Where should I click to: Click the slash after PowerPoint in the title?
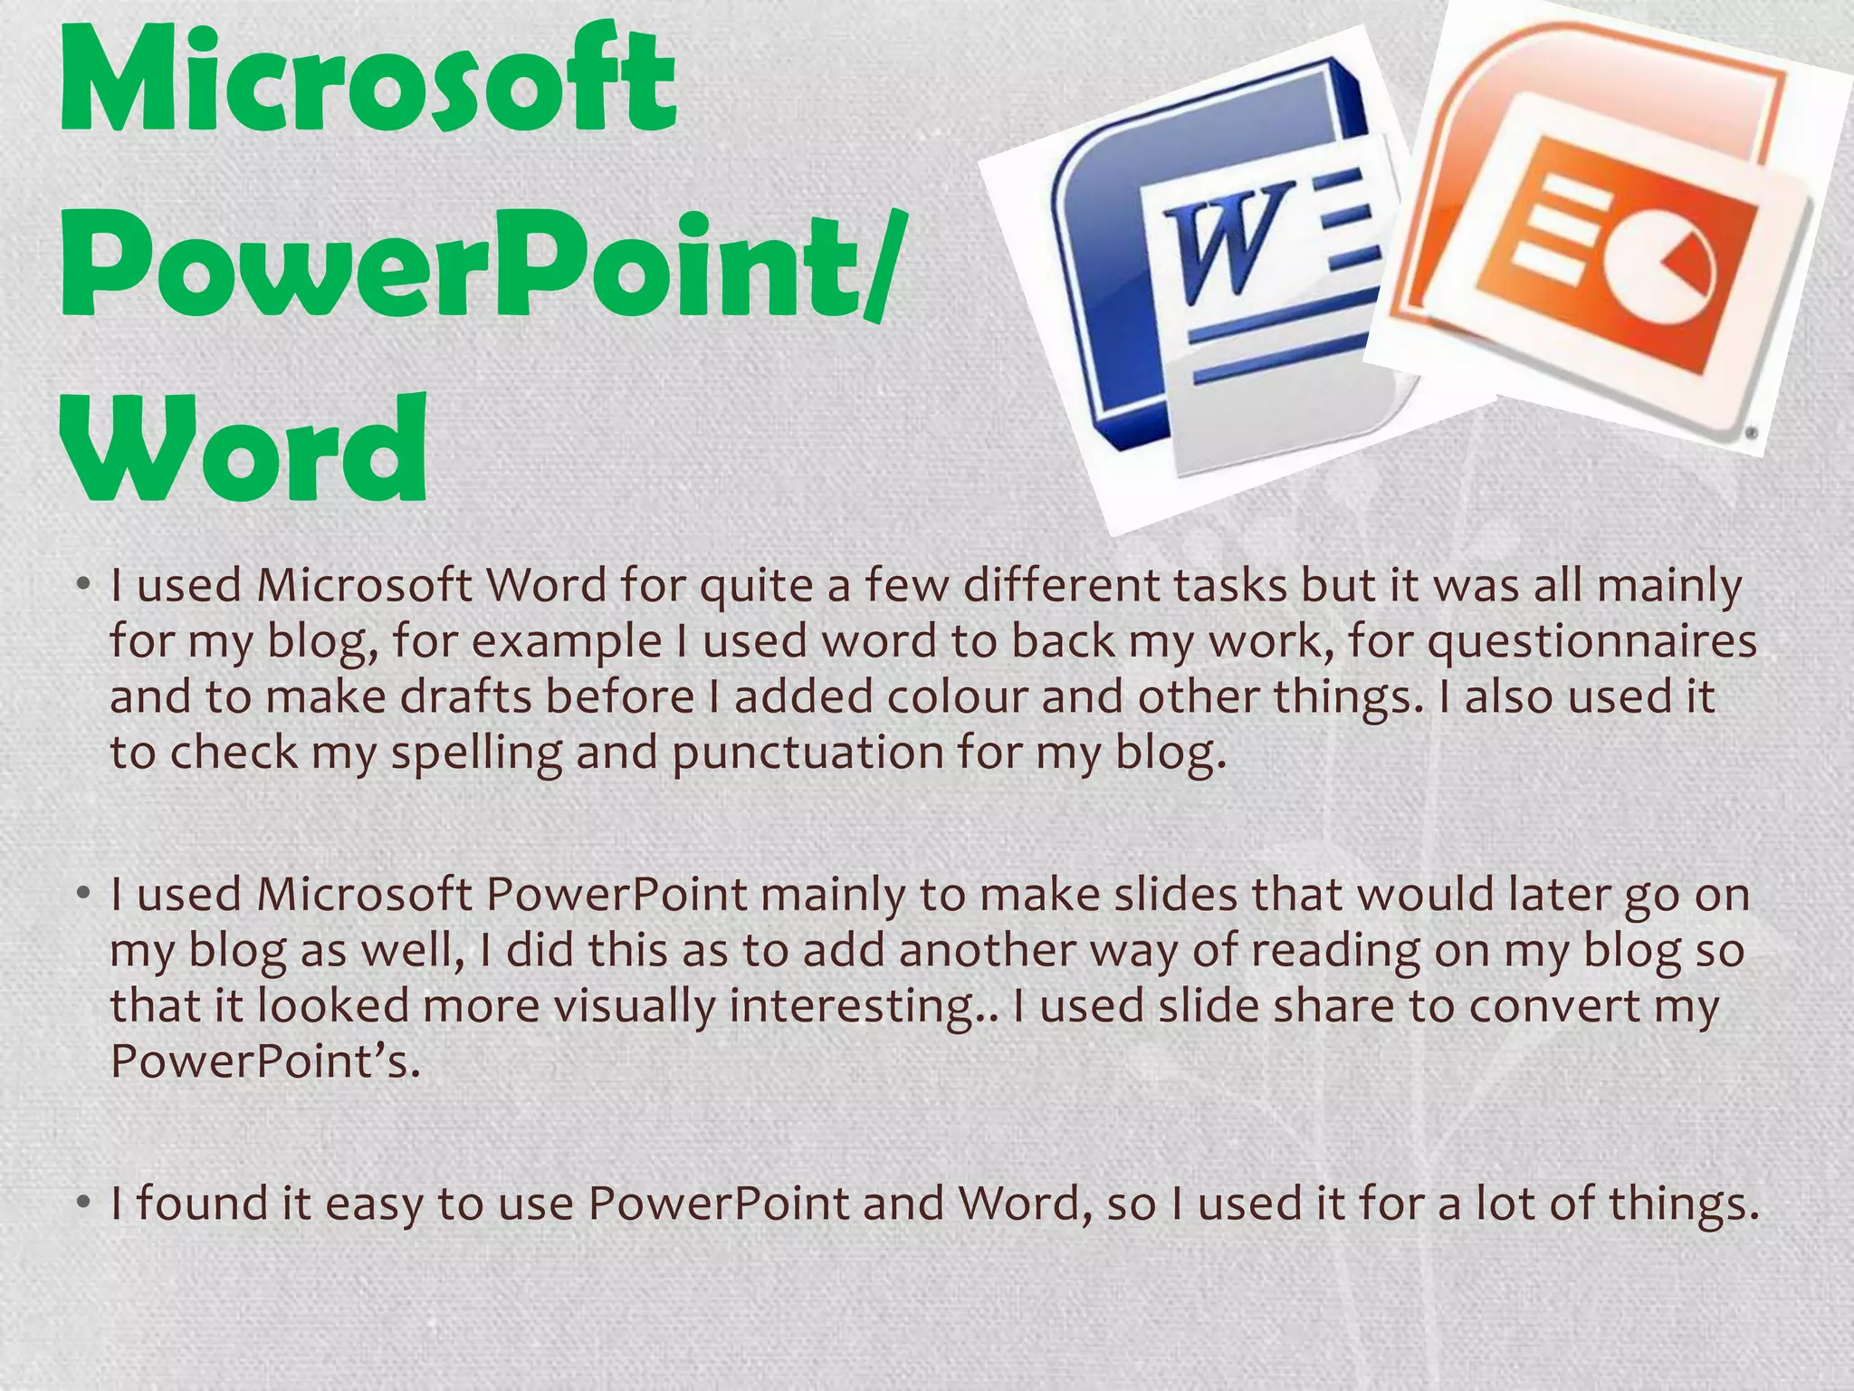[x=879, y=264]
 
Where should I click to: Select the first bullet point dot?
[x=82, y=585]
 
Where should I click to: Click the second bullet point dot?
[x=82, y=894]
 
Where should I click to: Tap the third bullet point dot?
[x=82, y=1204]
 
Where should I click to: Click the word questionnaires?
[x=1592, y=641]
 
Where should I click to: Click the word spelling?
[x=476, y=753]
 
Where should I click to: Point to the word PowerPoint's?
[x=264, y=1060]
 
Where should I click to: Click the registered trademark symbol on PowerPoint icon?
[x=1752, y=434]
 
